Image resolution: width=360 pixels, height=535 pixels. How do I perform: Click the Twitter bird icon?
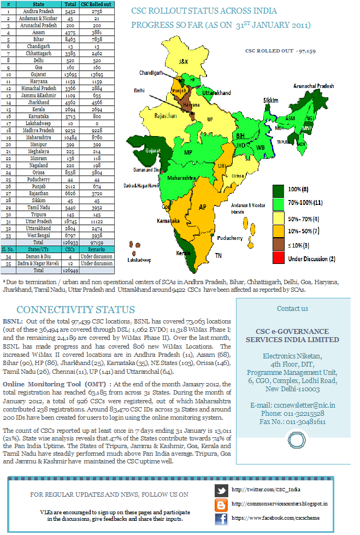pyautogui.click(x=221, y=490)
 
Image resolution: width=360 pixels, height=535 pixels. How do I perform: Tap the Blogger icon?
pyautogui.click(x=221, y=504)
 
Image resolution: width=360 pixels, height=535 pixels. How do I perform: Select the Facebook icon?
pyautogui.click(x=221, y=518)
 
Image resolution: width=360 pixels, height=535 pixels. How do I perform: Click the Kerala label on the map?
pyautogui.click(x=180, y=254)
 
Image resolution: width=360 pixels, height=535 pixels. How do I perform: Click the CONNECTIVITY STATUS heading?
pyautogui.click(x=75, y=310)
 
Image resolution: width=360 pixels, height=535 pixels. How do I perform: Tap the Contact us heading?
pyautogui.click(x=292, y=308)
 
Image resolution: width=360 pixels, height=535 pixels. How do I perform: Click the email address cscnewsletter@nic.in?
pyautogui.click(x=292, y=405)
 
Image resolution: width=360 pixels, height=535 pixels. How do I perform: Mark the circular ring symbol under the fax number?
pyautogui.click(x=296, y=440)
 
